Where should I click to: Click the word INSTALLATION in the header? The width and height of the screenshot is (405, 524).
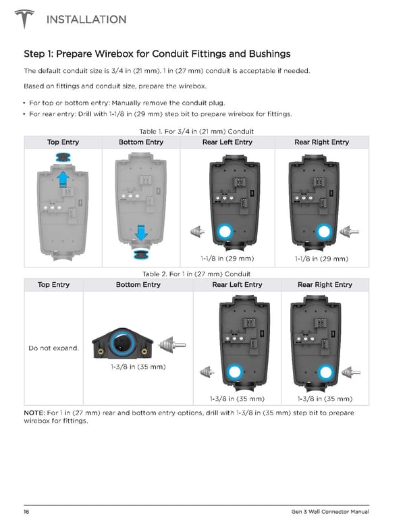point(86,20)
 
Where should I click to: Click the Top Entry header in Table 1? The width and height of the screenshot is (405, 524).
point(63,142)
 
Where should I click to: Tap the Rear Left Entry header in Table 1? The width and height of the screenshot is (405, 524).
point(227,142)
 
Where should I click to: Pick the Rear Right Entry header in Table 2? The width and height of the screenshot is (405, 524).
point(325,284)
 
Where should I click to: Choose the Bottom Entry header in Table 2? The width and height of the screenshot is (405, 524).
point(138,284)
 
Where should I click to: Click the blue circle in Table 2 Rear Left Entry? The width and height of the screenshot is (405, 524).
point(235,371)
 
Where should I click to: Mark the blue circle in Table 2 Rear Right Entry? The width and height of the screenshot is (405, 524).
point(325,371)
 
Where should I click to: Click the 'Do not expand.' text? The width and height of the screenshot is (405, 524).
point(53,348)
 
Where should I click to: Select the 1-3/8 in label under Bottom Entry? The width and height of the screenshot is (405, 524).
point(138,367)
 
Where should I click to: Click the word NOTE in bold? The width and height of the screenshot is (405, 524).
point(34,413)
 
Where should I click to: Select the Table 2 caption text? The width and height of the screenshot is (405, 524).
point(196,273)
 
